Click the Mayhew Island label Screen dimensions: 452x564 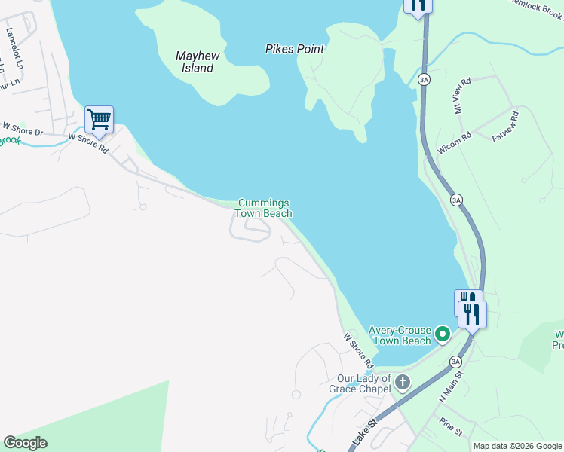pos(196,62)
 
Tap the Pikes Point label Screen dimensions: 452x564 pos(295,49)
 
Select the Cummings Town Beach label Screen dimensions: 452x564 pos(263,208)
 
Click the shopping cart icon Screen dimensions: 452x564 pos(99,119)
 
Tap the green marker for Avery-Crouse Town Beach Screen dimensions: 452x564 pos(443,332)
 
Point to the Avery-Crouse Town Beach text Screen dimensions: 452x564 pos(400,336)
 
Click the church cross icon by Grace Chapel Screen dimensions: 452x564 pos(403,382)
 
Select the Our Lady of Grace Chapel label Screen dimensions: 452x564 pos(364,383)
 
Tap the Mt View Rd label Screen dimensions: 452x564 pos(461,95)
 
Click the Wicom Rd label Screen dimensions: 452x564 pos(454,143)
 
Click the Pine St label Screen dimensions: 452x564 pos(451,426)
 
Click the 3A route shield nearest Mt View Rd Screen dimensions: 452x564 pos(425,79)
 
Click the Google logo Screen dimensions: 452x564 pos(26,443)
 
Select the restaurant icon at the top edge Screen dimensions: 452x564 pos(418,5)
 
